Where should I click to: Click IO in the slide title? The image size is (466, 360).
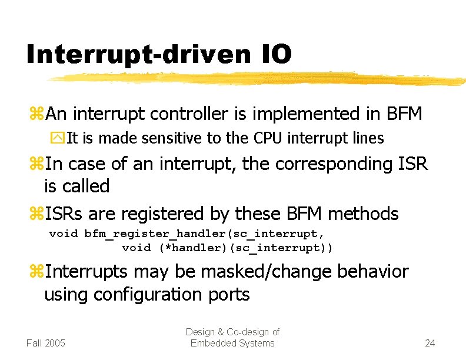coord(273,55)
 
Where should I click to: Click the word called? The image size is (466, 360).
coord(86,186)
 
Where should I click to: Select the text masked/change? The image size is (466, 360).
coord(245,272)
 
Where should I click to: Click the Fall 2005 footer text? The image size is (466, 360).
coord(46,343)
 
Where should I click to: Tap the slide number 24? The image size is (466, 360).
coord(430,343)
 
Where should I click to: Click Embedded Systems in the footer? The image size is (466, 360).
coord(232,343)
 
